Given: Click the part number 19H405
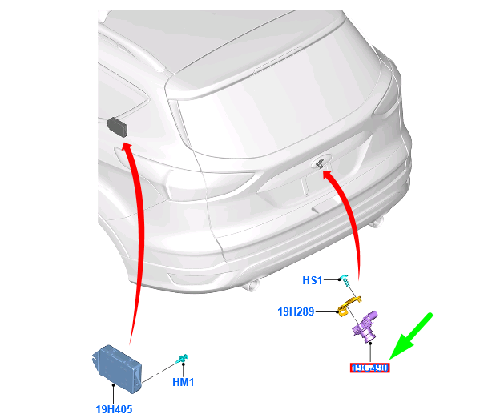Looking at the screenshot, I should pyautogui.click(x=113, y=409).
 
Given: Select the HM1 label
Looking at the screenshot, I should pyautogui.click(x=183, y=382).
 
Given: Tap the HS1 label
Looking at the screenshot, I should pyautogui.click(x=312, y=280).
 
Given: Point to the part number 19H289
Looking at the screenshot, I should pyautogui.click(x=296, y=311).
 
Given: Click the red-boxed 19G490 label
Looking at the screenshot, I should pyautogui.click(x=369, y=368).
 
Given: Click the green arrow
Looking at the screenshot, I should pyautogui.click(x=411, y=336).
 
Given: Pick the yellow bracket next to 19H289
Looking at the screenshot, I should pyautogui.click(x=345, y=305).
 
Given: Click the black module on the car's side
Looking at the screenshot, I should pyautogui.click(x=117, y=125).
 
